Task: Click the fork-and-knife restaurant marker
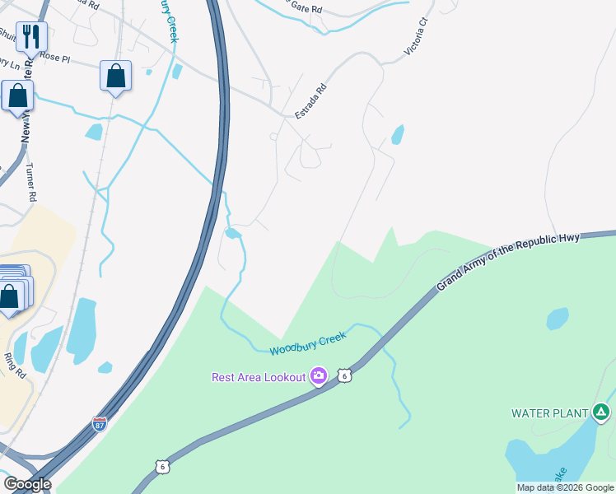[x=31, y=36]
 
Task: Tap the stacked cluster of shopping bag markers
[x=12, y=290]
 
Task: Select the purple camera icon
[x=318, y=377]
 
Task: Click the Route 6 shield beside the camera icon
[x=345, y=375]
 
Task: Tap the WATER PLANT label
[x=549, y=412]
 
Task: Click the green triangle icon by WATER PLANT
[x=602, y=412]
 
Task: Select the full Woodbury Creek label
[x=308, y=343]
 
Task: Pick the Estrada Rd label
[x=311, y=101]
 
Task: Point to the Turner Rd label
[x=31, y=181]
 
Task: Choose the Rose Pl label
[x=56, y=57]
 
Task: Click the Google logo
[x=27, y=484]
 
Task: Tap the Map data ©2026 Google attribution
[x=566, y=487]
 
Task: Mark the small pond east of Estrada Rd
[x=399, y=134]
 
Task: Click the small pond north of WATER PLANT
[x=558, y=318]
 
